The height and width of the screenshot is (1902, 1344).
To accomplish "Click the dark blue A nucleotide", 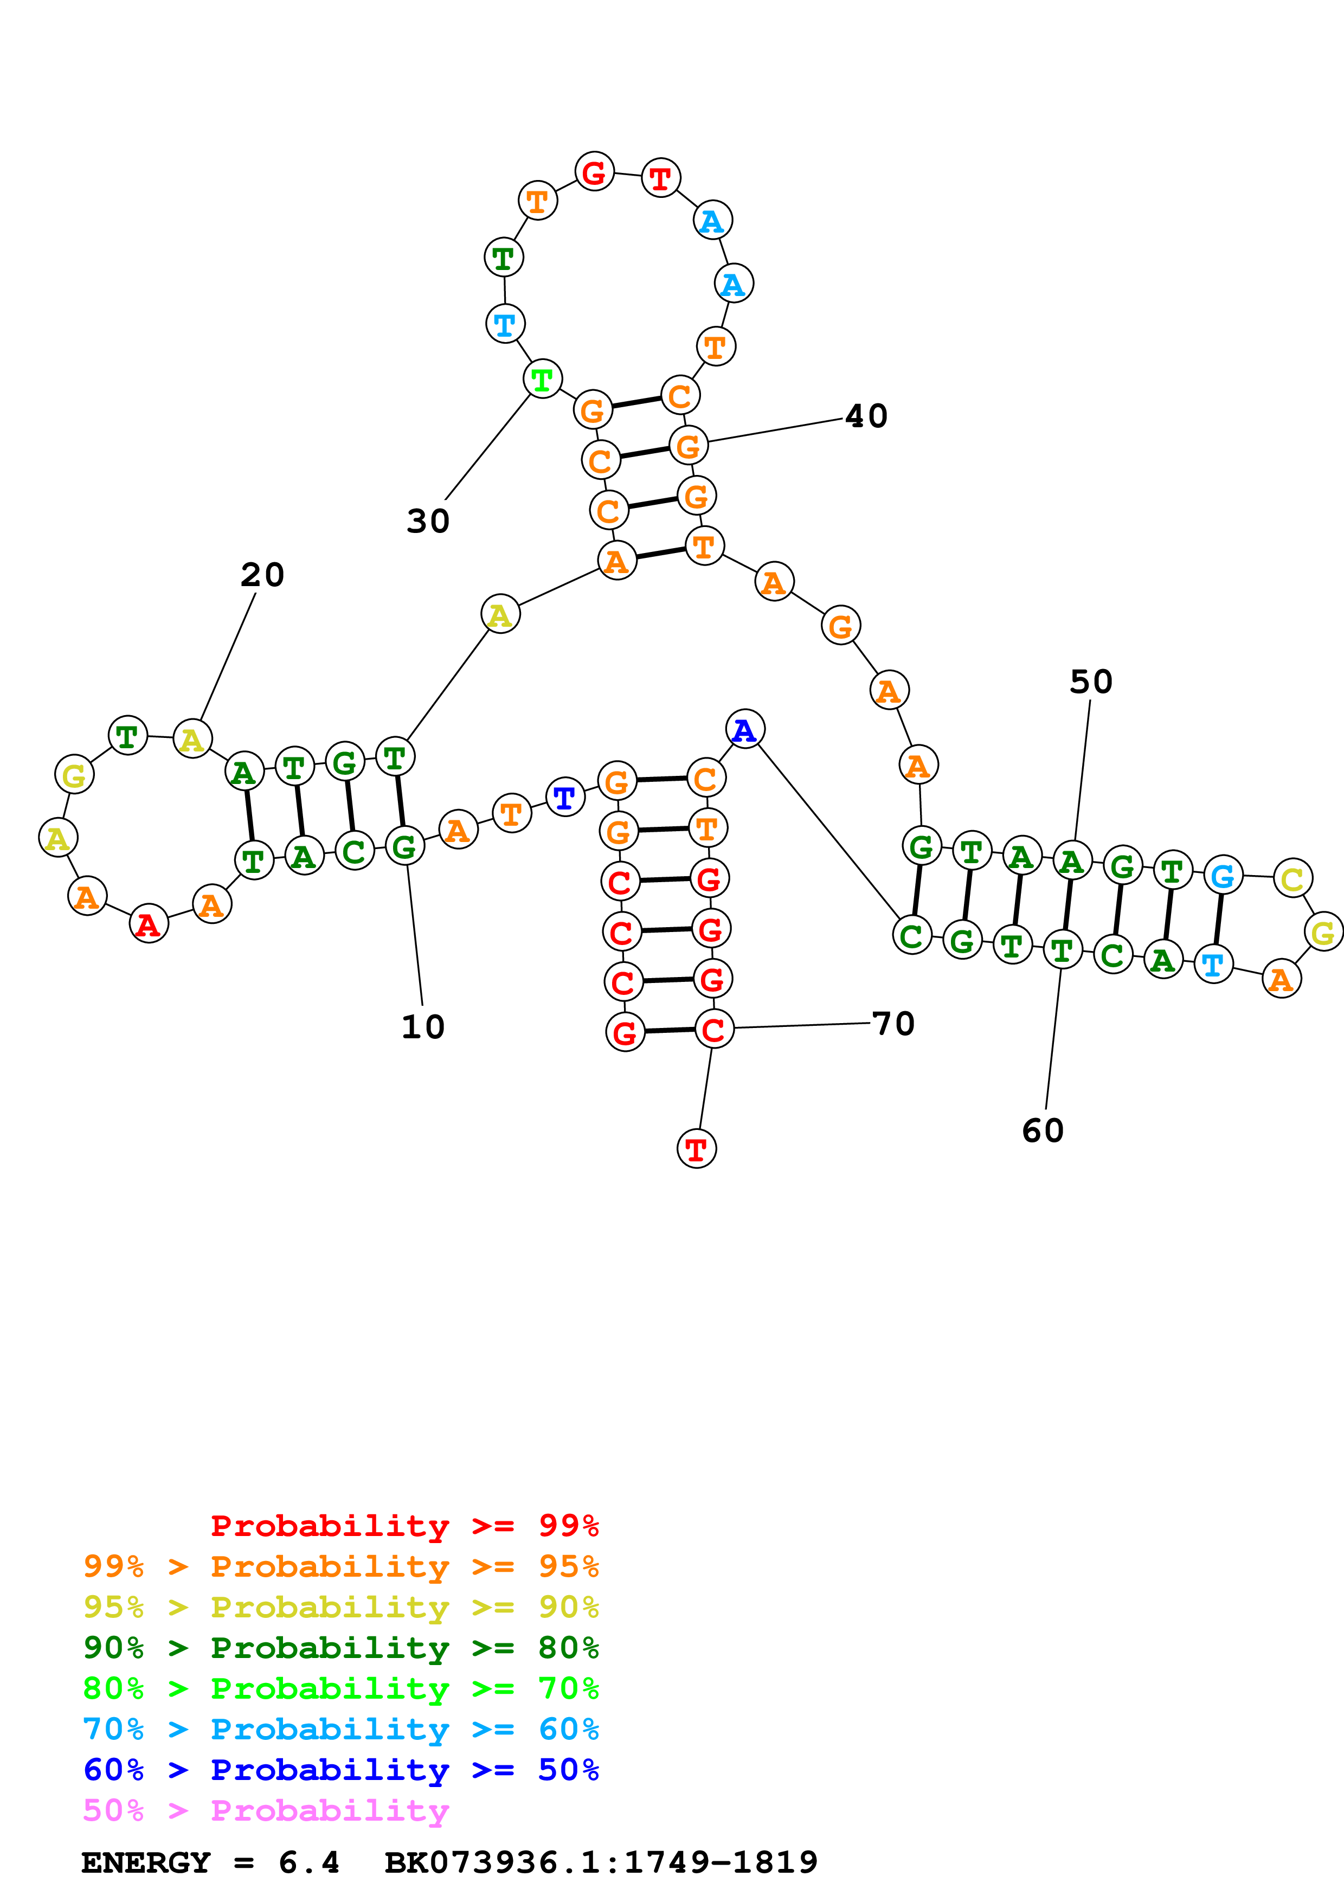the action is click(x=744, y=729).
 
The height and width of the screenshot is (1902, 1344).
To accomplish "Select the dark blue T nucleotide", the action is click(x=565, y=797).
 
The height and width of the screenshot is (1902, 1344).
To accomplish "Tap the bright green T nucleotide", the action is click(x=542, y=380).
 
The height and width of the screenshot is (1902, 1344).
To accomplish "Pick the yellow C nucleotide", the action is click(x=1292, y=878).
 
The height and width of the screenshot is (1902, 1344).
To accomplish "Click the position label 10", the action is click(x=423, y=1027).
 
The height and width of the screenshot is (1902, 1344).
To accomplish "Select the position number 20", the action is click(x=262, y=574).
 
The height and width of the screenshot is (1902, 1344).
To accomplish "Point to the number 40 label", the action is click(x=866, y=416).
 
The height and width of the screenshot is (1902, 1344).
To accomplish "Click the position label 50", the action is click(x=1091, y=682).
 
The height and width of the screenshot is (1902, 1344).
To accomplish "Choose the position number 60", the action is click(x=1043, y=1131).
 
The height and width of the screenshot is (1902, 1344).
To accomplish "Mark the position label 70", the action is click(x=893, y=1023).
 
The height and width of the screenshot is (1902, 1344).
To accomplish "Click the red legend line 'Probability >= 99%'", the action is click(x=404, y=1526).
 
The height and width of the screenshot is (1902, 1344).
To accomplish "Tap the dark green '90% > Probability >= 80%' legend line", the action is click(x=340, y=1648).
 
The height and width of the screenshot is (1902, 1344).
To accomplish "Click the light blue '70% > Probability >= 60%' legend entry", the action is click(x=340, y=1730).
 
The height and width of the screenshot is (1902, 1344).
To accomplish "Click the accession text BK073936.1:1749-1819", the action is click(x=601, y=1862).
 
